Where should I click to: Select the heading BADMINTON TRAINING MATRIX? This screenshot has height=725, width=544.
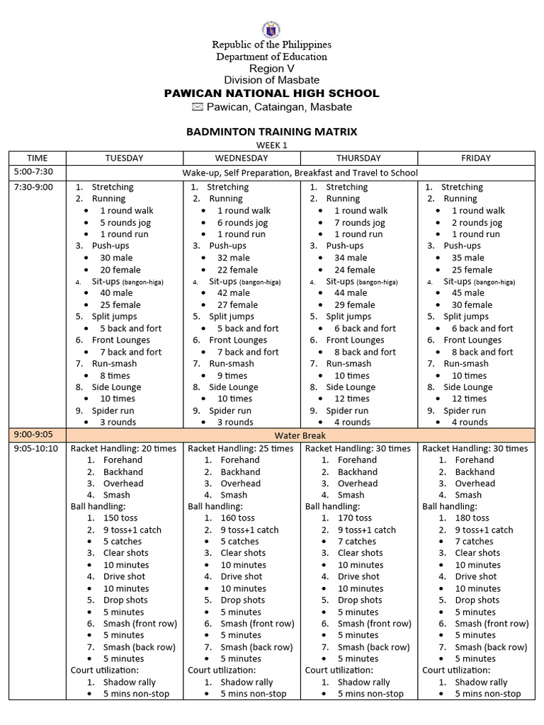271,132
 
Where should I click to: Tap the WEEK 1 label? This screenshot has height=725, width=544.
271,145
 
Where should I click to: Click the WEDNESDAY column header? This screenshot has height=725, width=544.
242,158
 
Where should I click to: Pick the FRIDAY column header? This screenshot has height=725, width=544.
475,158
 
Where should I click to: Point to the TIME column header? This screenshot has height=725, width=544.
37,158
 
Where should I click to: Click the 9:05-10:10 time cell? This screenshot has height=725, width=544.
35,448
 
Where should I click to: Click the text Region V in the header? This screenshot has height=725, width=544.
271,68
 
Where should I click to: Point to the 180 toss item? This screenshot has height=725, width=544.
472,518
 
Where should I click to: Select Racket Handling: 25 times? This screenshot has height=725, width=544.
240,448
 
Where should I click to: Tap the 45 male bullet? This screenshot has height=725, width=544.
467,292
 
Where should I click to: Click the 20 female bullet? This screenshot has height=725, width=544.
120,270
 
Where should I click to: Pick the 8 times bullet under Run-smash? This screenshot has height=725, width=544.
114,375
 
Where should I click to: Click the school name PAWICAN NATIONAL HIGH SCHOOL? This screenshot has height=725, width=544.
271,93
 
